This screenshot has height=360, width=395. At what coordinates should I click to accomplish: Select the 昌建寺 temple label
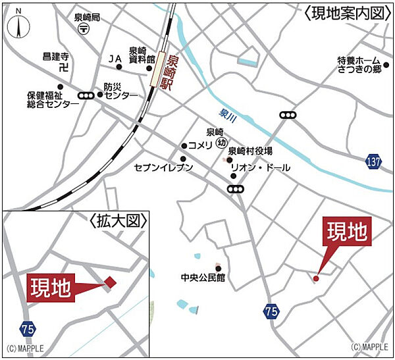click(x=55, y=57)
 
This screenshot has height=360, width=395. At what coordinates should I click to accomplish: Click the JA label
click(x=115, y=59)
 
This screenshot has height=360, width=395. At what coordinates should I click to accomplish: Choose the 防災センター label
click(x=120, y=91)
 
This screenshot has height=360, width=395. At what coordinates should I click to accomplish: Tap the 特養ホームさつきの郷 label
click(x=360, y=65)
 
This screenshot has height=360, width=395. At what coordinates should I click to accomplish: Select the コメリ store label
click(x=200, y=145)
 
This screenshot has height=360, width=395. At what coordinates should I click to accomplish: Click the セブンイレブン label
click(x=163, y=167)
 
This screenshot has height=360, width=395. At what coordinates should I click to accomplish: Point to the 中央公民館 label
click(x=203, y=277)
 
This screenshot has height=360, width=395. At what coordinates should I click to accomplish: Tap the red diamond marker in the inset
click(x=110, y=282)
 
